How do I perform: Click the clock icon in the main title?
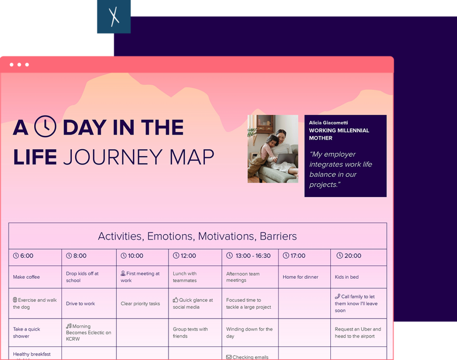click(x=45, y=127)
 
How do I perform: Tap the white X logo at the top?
click(x=114, y=17)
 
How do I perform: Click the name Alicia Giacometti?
click(x=328, y=122)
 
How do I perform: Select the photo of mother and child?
click(x=273, y=149)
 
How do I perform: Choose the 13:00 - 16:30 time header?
click(x=249, y=256)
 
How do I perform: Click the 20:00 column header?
click(x=349, y=256)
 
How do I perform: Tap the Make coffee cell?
click(x=26, y=277)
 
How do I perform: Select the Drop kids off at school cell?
click(x=82, y=277)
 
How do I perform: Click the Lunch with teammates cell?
click(x=185, y=277)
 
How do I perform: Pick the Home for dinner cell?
click(x=300, y=277)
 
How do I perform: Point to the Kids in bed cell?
click(x=347, y=277)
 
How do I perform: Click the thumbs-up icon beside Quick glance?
click(x=175, y=300)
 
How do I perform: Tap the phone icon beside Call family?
click(x=337, y=296)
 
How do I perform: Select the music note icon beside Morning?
click(x=69, y=326)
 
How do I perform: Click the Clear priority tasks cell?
click(x=140, y=304)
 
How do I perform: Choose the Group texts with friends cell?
click(x=190, y=333)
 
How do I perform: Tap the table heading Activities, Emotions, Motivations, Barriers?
click(x=197, y=236)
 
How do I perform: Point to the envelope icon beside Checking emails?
click(x=228, y=357)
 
